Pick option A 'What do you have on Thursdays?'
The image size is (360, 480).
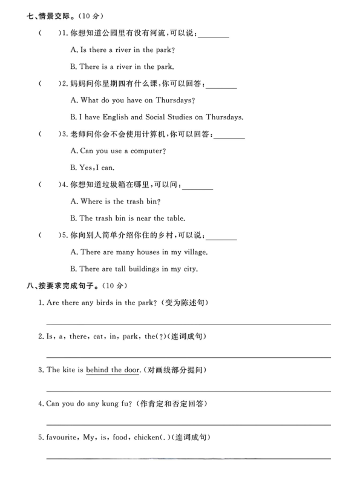[x=133, y=100]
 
